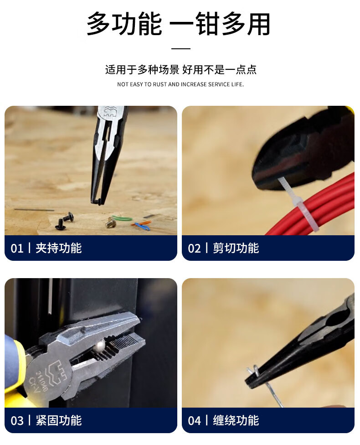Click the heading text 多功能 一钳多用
tap(179, 24)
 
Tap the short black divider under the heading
tap(181, 48)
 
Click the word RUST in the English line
tap(160, 84)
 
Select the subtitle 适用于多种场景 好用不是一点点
tap(181, 69)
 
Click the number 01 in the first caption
tap(17, 248)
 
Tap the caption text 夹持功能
tap(59, 248)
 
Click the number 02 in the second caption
tap(194, 248)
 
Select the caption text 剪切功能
tap(236, 248)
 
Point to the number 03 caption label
tap(17, 420)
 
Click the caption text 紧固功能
tap(59, 420)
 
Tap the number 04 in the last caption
tap(194, 420)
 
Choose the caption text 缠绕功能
tap(236, 420)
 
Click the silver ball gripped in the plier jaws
tap(100, 345)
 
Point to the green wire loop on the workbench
tap(122, 218)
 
